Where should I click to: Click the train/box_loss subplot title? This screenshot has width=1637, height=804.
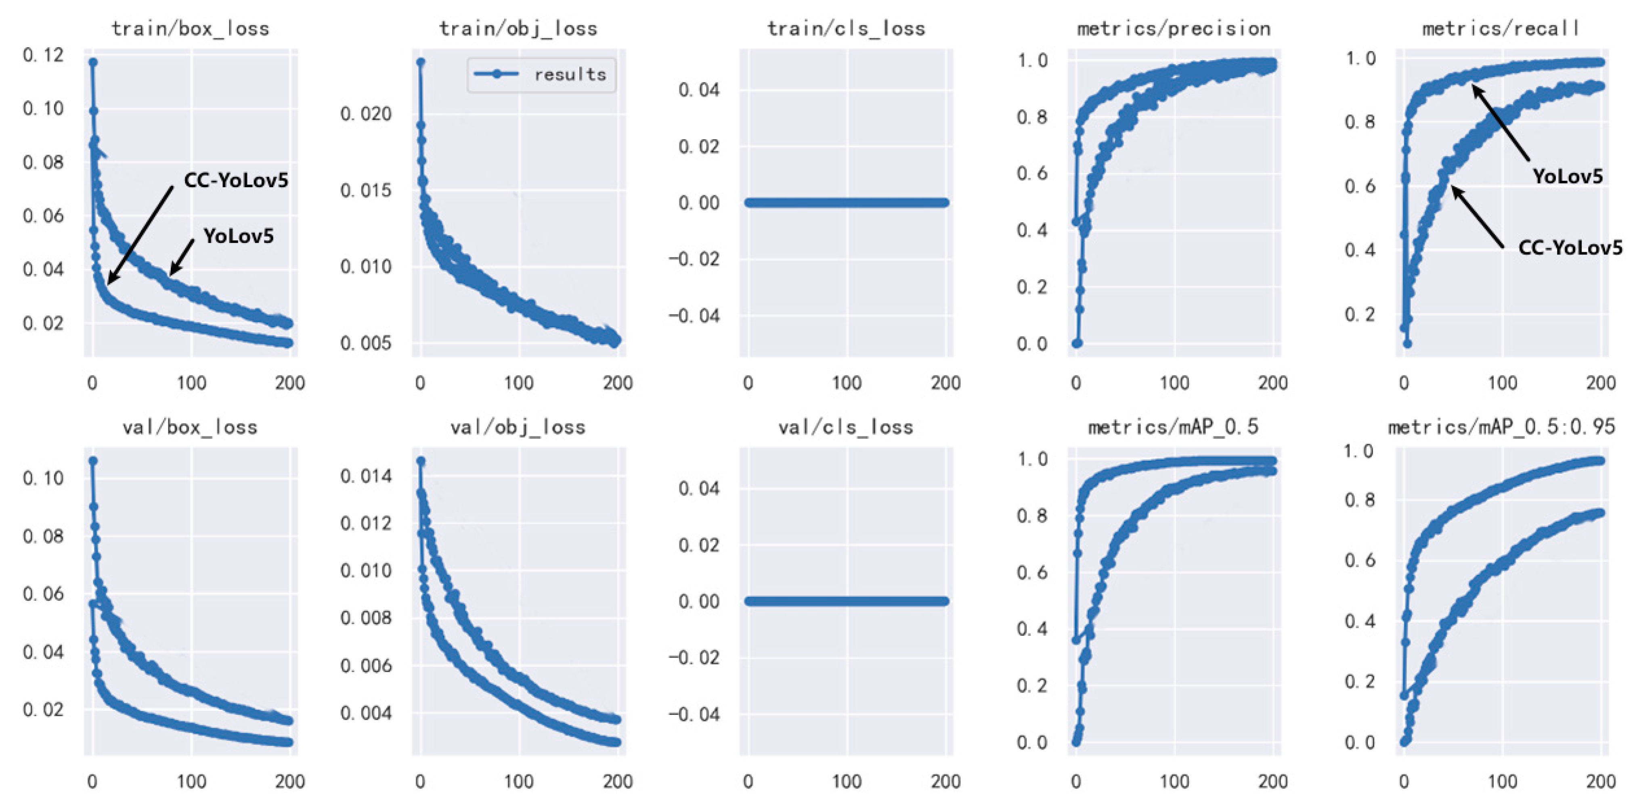coord(190,29)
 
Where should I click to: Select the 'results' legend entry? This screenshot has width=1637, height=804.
coord(569,75)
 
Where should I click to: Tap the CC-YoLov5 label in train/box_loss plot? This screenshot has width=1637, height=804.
coord(236,180)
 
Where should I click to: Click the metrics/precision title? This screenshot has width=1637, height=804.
coord(1173,29)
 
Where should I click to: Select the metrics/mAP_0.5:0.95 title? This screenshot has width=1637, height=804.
coord(1501,427)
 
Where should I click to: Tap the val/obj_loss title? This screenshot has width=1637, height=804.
coord(517,427)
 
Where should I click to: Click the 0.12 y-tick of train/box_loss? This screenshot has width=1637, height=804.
coord(43,55)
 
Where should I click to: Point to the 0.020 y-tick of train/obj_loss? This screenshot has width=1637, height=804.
coord(366,114)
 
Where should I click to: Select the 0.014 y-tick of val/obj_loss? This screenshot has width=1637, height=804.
coord(366,476)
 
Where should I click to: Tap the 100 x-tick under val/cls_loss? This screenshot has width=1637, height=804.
coord(847,781)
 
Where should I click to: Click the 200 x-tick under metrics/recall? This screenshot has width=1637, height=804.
coord(1600,383)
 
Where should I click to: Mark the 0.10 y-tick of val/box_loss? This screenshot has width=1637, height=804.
coord(43,478)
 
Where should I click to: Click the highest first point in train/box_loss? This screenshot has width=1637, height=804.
coord(93,62)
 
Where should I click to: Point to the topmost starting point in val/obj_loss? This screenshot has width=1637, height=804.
coord(421,461)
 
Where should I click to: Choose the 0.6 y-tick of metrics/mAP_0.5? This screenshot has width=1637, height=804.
coord(1031,572)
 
